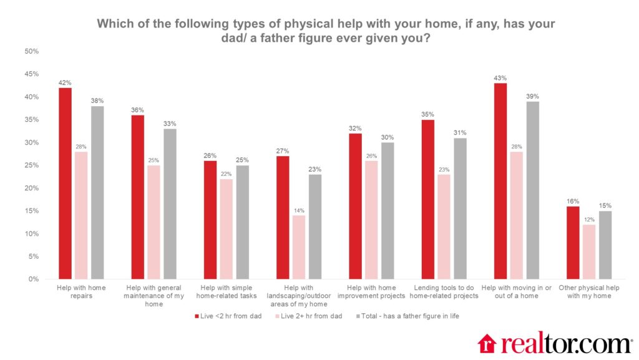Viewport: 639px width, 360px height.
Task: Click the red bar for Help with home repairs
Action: pos(65,183)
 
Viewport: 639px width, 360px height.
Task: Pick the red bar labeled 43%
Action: pos(500,181)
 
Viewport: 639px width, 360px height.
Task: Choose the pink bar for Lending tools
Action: pos(443,226)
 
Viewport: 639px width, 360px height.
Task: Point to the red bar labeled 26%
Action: pos(210,220)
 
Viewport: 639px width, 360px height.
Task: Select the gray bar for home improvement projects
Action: pos(388,211)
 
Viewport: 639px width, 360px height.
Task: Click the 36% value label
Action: pos(137,110)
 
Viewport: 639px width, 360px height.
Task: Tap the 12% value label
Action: pos(589,220)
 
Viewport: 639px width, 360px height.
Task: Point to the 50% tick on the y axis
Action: pos(31,51)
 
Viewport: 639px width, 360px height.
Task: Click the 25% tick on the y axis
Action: pos(31,165)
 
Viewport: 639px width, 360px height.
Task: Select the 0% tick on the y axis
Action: pos(33,280)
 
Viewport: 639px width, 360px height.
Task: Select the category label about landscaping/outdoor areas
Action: pos(301,296)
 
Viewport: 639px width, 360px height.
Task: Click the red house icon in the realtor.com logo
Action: pos(487,343)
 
